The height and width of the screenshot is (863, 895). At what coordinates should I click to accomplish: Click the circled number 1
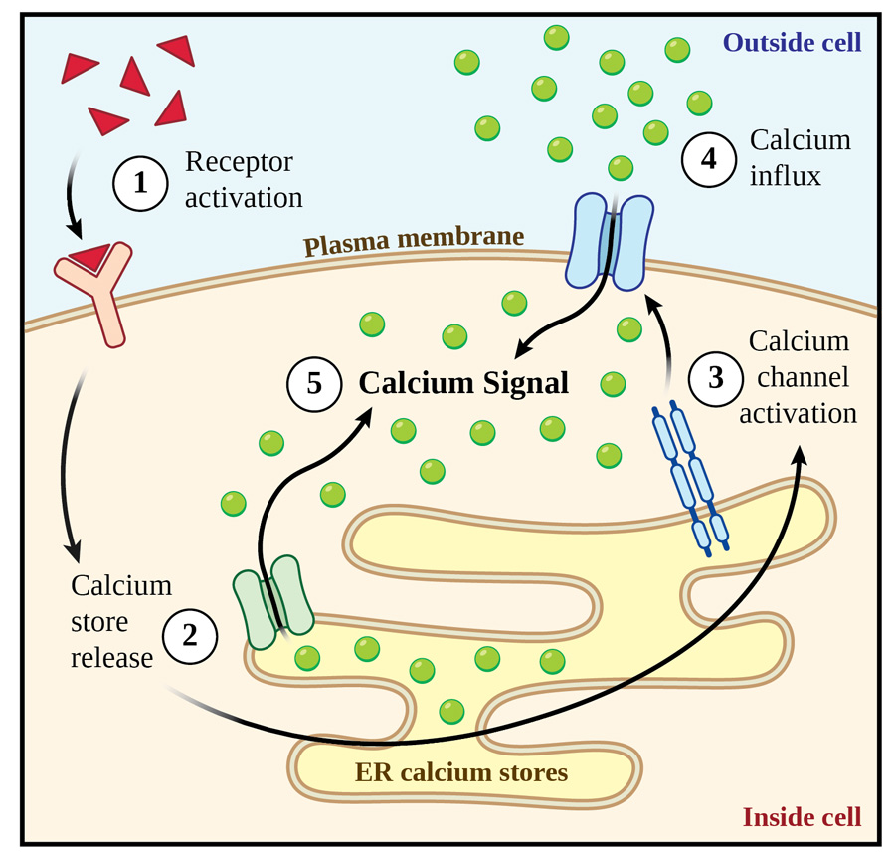[x=140, y=182]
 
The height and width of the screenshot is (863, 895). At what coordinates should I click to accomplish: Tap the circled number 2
[x=192, y=635]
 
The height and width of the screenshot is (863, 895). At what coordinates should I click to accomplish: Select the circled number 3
[x=715, y=378]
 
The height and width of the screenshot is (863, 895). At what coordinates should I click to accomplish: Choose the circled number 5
[x=314, y=384]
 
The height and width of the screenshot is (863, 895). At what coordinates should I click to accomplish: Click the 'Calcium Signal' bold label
[x=463, y=384]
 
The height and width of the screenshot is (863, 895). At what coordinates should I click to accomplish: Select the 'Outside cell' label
[x=792, y=43]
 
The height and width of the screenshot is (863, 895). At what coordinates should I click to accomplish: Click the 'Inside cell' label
[x=802, y=817]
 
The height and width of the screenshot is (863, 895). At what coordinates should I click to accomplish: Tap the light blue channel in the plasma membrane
[x=610, y=242]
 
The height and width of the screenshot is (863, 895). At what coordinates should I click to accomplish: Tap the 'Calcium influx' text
[x=800, y=158]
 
